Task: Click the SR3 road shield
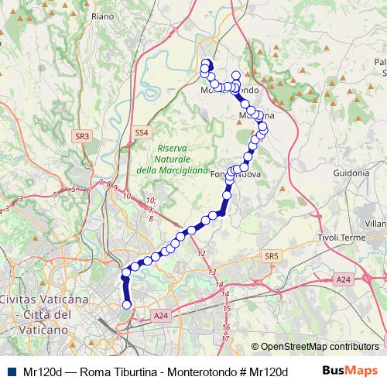point(83,135)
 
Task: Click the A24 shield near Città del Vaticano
point(160,315)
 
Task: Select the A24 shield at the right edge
point(344,279)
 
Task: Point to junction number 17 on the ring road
point(225,338)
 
